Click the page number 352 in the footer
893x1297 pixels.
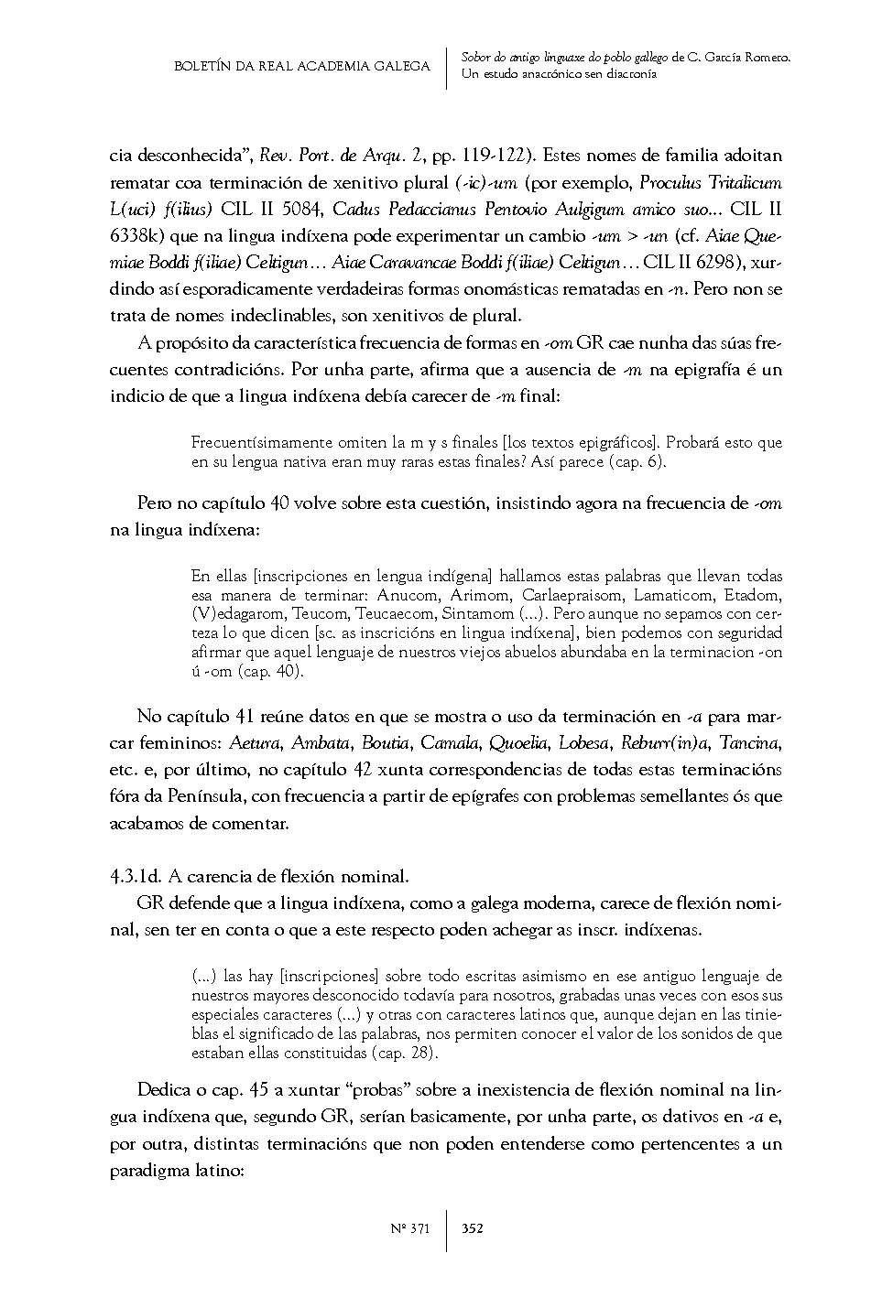coord(473,1228)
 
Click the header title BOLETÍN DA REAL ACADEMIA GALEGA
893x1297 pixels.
coord(301,66)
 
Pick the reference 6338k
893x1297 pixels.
coord(138,236)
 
